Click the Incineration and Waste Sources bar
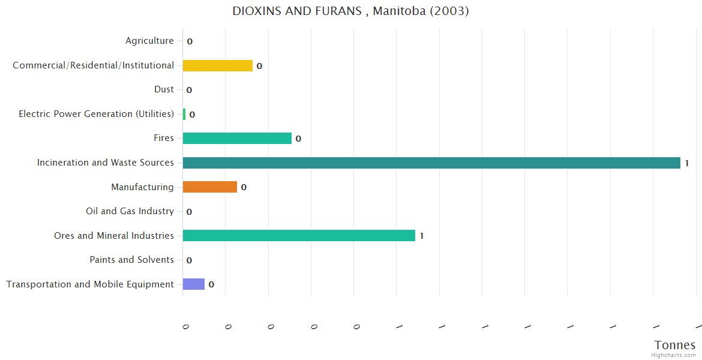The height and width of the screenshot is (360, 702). pos(431,163)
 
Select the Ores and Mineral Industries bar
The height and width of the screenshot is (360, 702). pos(299,236)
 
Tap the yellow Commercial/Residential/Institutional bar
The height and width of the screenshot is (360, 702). pos(217,65)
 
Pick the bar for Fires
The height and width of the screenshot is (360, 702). pos(237,139)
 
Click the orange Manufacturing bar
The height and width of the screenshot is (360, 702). pos(209,187)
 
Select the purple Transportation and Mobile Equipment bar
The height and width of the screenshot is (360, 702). pos(193,284)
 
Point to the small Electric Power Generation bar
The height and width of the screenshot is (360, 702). pos(184,114)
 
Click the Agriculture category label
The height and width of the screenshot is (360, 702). pos(149,41)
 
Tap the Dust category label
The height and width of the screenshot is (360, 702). pos(164,89)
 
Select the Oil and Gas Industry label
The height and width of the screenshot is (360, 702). pos(130,211)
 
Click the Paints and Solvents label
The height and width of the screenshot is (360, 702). pos(131,260)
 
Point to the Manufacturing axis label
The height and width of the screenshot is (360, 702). pos(142,187)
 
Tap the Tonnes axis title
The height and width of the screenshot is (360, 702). pos(675,345)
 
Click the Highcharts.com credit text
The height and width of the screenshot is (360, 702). pos(673,355)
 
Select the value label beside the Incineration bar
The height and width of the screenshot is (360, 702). pos(686,163)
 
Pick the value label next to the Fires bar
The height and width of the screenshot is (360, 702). pos(298,139)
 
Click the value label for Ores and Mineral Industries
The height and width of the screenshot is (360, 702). pos(422,236)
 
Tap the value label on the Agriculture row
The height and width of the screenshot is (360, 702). pos(190,42)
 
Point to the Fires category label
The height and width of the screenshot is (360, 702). pos(163,138)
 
